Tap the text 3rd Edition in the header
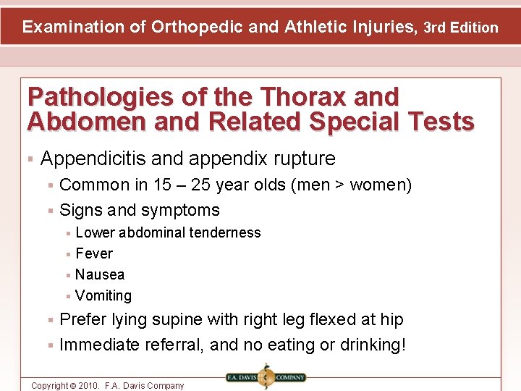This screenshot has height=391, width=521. (461, 28)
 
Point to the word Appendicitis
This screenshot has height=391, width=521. (88, 159)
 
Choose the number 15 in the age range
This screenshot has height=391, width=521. (162, 185)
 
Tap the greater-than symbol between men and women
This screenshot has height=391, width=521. (338, 185)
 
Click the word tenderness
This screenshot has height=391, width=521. (225, 232)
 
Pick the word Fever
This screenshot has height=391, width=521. (94, 253)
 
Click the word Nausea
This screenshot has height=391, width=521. (100, 274)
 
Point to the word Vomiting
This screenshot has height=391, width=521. (103, 295)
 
